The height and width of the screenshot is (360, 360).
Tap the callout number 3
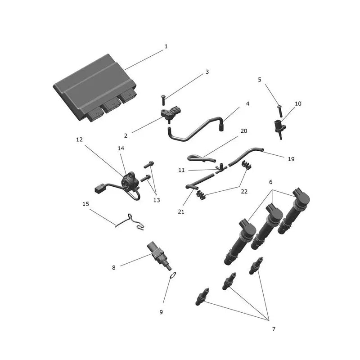(207, 72)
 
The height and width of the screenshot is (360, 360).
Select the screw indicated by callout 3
(163, 100)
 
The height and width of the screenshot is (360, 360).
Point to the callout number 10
(298, 103)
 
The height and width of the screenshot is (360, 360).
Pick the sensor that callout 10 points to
(280, 129)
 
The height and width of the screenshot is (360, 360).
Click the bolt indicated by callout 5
(280, 111)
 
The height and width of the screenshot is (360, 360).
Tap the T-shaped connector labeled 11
(221, 168)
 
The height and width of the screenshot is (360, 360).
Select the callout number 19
(291, 159)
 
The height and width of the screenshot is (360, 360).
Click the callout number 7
(274, 329)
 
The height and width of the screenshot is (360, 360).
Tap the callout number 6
(271, 182)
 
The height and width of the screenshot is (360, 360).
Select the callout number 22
(244, 192)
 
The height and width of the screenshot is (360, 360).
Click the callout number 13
(157, 200)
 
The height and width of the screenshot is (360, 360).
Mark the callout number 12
(79, 139)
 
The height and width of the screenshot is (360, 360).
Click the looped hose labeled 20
(201, 158)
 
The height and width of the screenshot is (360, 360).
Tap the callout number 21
(181, 211)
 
